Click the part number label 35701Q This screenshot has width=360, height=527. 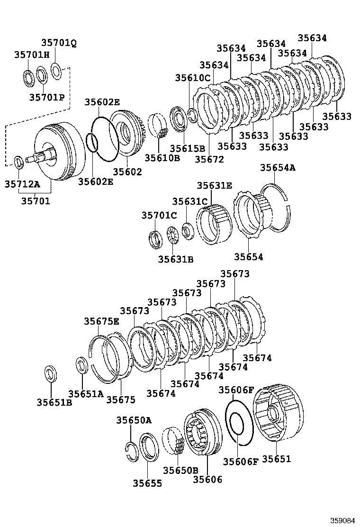(x=58, y=44)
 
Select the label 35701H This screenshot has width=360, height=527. (x=32, y=55)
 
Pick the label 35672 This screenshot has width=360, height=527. (x=209, y=159)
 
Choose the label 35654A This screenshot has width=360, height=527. (x=277, y=167)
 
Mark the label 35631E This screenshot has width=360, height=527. (x=215, y=186)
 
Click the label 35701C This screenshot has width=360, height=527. (x=159, y=216)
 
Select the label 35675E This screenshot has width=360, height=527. (x=102, y=321)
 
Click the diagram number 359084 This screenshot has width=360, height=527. (x=342, y=520)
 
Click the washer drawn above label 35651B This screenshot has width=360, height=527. (x=51, y=374)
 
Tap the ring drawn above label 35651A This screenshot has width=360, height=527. (x=82, y=366)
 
